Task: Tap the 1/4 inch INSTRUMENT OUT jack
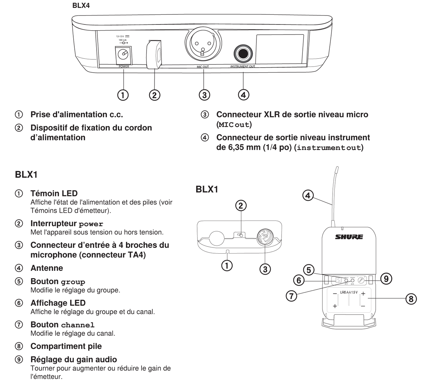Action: (243, 54)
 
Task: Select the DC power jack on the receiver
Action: (123, 55)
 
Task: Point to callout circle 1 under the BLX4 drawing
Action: (123, 95)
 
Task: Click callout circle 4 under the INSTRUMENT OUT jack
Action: (244, 95)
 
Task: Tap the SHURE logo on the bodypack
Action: (349, 237)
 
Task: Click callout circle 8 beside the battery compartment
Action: (411, 298)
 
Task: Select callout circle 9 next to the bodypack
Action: (386, 278)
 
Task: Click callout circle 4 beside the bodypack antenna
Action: (308, 195)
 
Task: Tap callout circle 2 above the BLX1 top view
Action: (241, 205)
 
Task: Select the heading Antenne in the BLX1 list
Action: (47, 268)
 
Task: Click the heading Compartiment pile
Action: (66, 346)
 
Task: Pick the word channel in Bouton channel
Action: (78, 325)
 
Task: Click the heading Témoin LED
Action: (54, 194)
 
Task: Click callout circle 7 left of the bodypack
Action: (291, 296)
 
